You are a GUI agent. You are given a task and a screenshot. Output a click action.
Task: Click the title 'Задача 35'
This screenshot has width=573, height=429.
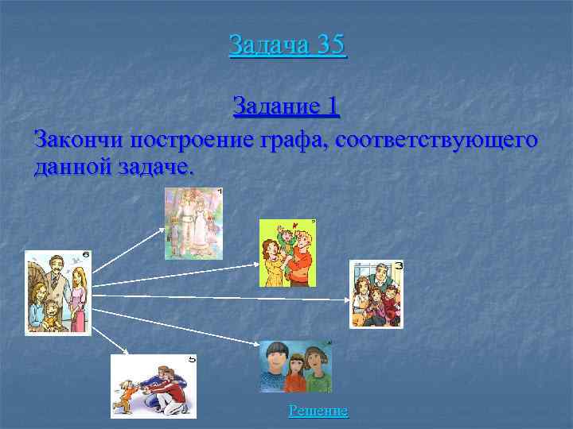[x=287, y=44]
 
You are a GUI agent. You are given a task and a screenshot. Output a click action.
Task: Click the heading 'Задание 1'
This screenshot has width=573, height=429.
[x=287, y=106]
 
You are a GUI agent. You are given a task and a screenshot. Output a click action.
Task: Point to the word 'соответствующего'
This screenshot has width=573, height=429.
[x=437, y=140]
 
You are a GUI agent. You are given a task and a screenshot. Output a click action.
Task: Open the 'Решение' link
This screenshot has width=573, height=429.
[x=318, y=411]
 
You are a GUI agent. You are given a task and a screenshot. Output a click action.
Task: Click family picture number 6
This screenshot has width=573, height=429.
[x=58, y=292]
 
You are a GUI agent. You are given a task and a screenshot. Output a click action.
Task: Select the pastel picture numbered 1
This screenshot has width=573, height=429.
[x=193, y=223]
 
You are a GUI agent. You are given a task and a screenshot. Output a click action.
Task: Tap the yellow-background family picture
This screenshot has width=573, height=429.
[x=288, y=252]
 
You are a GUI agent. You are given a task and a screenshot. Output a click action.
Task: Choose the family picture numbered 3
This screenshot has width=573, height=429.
[x=376, y=294]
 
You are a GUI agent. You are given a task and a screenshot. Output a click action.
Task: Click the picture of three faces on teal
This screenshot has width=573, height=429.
[x=295, y=366]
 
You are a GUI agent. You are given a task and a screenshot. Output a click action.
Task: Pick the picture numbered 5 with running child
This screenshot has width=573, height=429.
[x=153, y=386]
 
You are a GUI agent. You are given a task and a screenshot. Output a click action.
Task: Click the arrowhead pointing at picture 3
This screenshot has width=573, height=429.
[x=346, y=300]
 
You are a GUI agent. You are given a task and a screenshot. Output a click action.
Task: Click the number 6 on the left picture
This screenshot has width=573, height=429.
[x=85, y=255]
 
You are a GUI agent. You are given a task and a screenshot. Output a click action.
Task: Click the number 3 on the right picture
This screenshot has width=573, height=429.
[x=398, y=265]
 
